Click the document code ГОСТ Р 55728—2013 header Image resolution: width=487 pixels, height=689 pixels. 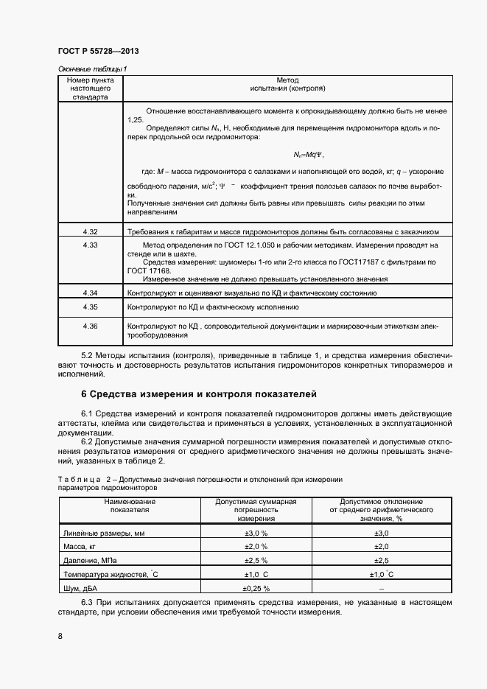pyautogui.click(x=97, y=52)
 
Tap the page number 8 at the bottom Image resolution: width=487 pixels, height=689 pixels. pyautogui.click(x=60, y=636)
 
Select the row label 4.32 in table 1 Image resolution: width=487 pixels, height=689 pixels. pyautogui.click(x=91, y=231)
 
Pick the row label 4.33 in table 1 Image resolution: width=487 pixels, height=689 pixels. pyautogui.click(x=91, y=244)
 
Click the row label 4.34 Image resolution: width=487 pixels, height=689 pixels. pyautogui.click(x=91, y=293)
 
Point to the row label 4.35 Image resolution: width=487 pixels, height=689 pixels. pyautogui.click(x=91, y=306)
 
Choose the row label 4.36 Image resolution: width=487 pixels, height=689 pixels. pyautogui.click(x=91, y=325)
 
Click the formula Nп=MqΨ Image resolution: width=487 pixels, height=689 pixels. pyautogui.click(x=308, y=155)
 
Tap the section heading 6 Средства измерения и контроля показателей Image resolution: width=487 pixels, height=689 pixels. pyautogui.click(x=198, y=394)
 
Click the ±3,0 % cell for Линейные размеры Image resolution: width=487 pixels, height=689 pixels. pyautogui.click(x=256, y=533)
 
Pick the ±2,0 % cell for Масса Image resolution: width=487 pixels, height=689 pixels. pyautogui.click(x=256, y=546)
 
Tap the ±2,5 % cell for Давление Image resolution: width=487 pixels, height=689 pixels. pyautogui.click(x=256, y=560)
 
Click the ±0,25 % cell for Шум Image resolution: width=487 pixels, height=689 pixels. pyautogui.click(x=256, y=588)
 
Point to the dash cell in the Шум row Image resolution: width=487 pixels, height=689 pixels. pyautogui.click(x=381, y=588)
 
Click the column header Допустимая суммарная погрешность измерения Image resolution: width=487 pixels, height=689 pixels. pyautogui.click(x=256, y=509)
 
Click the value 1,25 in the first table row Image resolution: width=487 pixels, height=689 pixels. pyautogui.click(x=135, y=118)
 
